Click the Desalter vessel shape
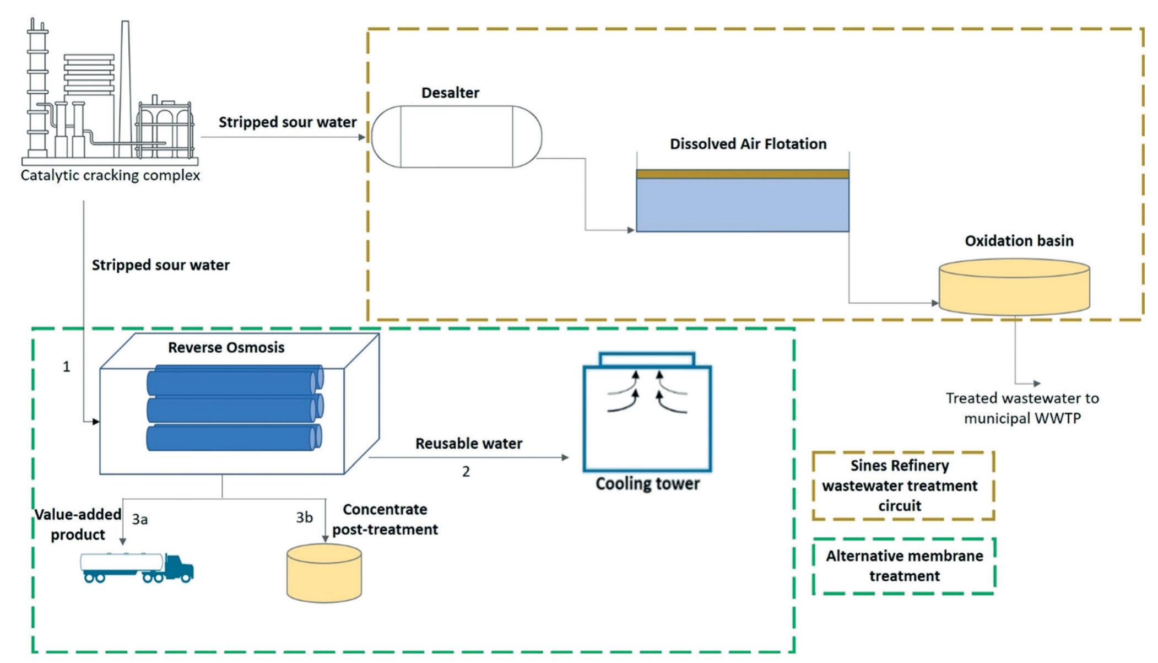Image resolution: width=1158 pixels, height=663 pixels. pyautogui.click(x=456, y=136)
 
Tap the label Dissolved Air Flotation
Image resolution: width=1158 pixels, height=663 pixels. pyautogui.click(x=748, y=144)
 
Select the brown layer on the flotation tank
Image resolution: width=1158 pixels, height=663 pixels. pyautogui.click(x=742, y=174)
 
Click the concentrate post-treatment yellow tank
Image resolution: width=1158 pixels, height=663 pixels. pyautogui.click(x=324, y=573)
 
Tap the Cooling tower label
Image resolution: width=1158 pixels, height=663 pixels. pyautogui.click(x=647, y=484)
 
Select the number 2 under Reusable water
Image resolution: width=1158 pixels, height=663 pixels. pyautogui.click(x=466, y=472)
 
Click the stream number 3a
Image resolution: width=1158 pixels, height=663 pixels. pyautogui.click(x=139, y=519)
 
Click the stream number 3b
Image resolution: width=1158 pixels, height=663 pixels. pyautogui.click(x=304, y=518)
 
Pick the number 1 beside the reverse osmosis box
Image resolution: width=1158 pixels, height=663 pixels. pyautogui.click(x=66, y=366)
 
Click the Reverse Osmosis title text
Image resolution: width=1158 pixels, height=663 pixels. pyautogui.click(x=226, y=347)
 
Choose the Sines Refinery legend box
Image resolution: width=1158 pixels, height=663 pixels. pyautogui.click(x=902, y=486)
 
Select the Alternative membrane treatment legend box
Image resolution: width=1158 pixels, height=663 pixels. pyautogui.click(x=903, y=566)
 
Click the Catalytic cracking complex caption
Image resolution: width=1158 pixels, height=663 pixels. pyautogui.click(x=110, y=175)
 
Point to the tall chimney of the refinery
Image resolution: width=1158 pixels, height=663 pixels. pyautogui.click(x=126, y=83)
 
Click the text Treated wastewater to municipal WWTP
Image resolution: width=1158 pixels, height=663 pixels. pyautogui.click(x=1022, y=408)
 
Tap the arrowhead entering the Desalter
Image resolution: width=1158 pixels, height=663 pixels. pyautogui.click(x=362, y=137)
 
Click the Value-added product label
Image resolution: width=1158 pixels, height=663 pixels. pyautogui.click(x=78, y=524)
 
